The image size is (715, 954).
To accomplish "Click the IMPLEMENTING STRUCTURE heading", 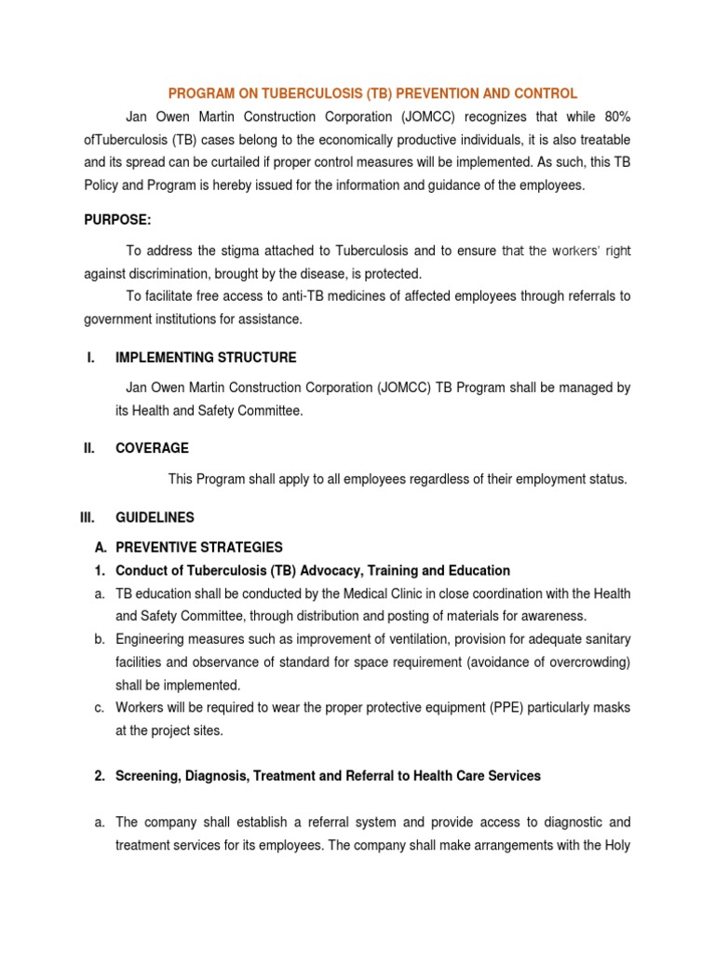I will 206,357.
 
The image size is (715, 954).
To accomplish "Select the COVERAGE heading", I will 152,448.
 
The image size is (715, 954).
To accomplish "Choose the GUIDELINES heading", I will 155,516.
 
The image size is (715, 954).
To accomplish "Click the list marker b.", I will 98,639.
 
